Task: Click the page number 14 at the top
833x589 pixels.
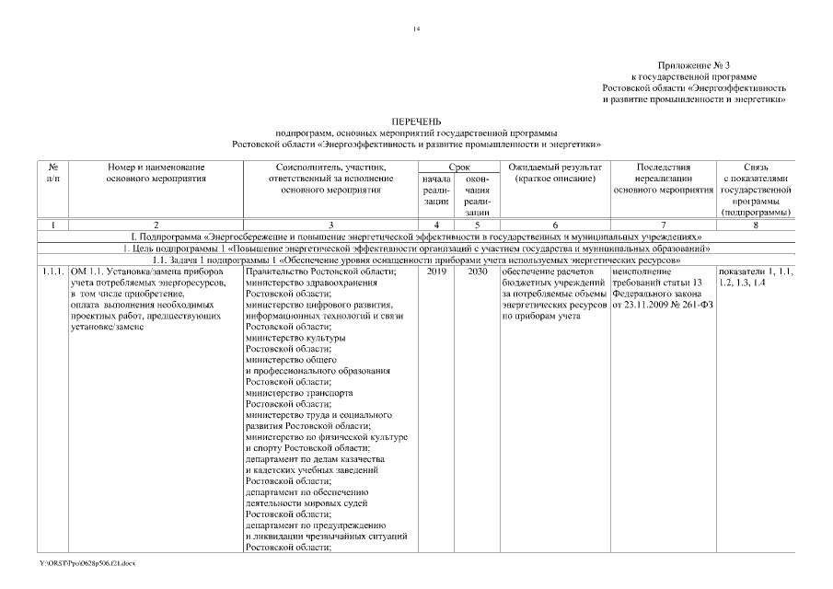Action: (x=416, y=31)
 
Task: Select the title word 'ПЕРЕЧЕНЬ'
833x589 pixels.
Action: (x=416, y=121)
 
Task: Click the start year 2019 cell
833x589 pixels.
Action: (x=435, y=272)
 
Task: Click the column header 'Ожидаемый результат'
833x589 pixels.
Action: (x=555, y=167)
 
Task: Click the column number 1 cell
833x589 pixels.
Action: (x=53, y=225)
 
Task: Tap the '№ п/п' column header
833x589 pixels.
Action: (x=53, y=173)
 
